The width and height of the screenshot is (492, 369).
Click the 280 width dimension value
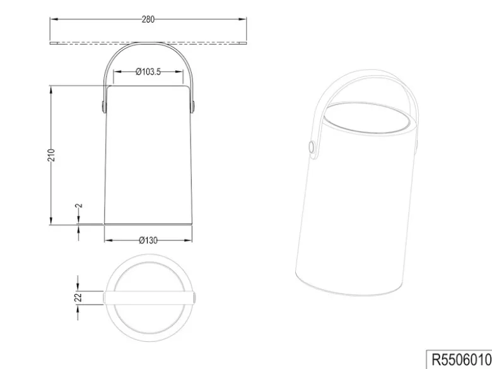click(148, 20)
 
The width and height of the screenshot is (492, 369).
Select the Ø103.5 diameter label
click(148, 72)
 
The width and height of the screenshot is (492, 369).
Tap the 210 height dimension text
click(51, 155)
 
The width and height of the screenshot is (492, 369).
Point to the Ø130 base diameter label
click(148, 241)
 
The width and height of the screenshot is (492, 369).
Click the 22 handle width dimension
click(78, 297)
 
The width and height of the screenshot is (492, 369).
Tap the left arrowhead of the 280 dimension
click(54, 19)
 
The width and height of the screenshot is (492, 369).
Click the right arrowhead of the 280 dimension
click(242, 19)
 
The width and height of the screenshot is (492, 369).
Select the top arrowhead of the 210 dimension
click(51, 89)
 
